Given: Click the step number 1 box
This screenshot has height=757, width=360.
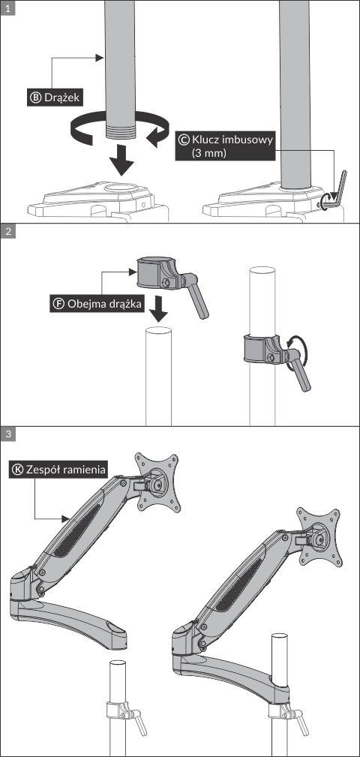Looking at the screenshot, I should point(7,8).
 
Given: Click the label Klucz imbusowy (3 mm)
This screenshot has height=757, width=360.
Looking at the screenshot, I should point(225,146).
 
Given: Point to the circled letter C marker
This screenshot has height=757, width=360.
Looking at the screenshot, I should point(183,140).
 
